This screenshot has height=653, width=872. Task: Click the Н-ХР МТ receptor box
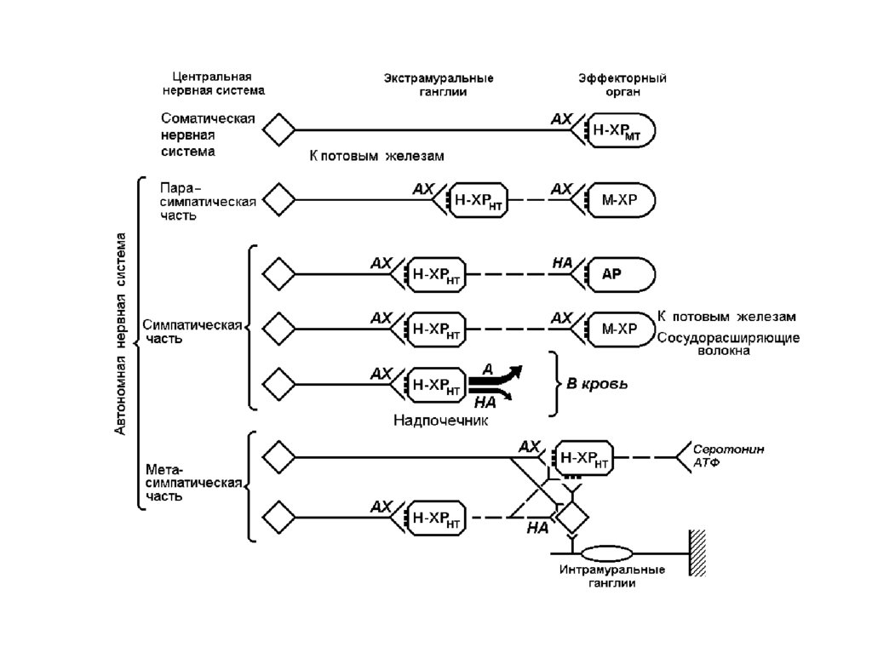tap(620, 130)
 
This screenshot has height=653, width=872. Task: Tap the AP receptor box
tap(620, 274)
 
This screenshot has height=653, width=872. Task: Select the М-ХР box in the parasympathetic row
tap(620, 201)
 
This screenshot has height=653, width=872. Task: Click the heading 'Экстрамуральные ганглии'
tap(438, 84)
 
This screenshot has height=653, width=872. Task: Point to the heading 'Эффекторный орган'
tap(622, 84)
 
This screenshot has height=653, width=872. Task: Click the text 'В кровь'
tap(598, 384)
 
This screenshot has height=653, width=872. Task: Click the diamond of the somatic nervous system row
tap(278, 130)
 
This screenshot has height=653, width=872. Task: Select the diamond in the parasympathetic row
tap(278, 201)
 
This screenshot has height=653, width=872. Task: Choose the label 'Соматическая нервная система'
tap(208, 135)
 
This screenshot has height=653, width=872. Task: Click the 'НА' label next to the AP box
tap(562, 264)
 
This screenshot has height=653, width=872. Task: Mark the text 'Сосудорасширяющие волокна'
tap(727, 344)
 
